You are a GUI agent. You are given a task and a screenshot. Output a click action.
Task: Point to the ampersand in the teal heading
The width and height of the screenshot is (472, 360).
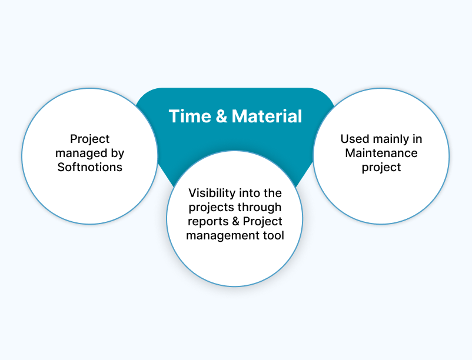(x=221, y=116)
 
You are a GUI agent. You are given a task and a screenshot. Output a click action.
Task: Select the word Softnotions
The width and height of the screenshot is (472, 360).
(x=90, y=167)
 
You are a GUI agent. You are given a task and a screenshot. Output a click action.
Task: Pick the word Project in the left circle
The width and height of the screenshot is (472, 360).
(x=90, y=139)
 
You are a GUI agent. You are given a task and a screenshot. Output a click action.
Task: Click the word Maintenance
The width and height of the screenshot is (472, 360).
(x=381, y=153)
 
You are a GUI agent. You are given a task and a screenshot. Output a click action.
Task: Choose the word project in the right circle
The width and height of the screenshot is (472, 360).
(x=381, y=167)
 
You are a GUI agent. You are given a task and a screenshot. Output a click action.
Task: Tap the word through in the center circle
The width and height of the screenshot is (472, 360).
(x=261, y=207)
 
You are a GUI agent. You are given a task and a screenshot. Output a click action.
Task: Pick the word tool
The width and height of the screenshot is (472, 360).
(x=273, y=235)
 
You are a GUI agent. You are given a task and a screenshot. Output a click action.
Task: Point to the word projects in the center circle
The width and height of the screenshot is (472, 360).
(x=212, y=207)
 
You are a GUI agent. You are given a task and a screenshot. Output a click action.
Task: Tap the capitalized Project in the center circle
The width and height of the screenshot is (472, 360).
(x=262, y=221)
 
